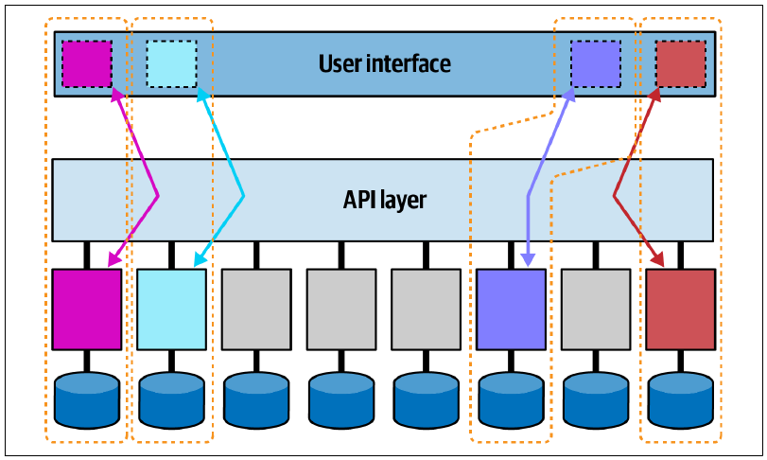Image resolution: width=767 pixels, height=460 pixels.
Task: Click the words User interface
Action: [x=385, y=64]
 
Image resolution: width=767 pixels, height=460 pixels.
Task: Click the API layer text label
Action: [x=385, y=200]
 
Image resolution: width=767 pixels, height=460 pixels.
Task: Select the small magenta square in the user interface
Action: [x=87, y=64]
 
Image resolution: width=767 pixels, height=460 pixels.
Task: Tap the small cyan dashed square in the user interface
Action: [x=172, y=64]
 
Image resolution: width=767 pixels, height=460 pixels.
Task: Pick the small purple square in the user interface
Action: [x=596, y=64]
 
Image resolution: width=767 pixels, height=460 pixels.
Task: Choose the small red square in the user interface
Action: [x=680, y=64]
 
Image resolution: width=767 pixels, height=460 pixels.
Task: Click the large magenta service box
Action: [x=87, y=310]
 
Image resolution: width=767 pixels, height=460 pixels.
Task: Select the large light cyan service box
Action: [x=172, y=310]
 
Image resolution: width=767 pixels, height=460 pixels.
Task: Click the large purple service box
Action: [x=511, y=310]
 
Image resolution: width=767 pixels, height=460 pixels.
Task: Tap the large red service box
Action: [x=680, y=310]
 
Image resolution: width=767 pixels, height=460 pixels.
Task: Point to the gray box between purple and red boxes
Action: [x=596, y=310]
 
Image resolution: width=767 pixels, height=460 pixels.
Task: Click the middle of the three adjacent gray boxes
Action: [x=341, y=310]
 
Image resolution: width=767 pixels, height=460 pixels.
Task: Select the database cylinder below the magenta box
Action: [x=87, y=399]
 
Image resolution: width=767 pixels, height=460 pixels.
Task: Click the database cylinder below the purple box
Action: [x=511, y=399]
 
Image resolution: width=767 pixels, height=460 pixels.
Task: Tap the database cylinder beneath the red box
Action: [x=680, y=399]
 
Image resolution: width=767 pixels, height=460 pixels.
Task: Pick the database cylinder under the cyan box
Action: [x=172, y=399]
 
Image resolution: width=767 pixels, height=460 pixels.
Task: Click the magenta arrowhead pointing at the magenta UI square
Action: [x=116, y=95]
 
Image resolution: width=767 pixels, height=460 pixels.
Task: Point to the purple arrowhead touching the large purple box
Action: [x=528, y=260]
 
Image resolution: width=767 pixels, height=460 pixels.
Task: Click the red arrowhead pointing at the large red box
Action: [x=658, y=260]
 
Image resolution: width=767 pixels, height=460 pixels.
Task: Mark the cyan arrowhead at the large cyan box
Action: [x=200, y=260]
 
